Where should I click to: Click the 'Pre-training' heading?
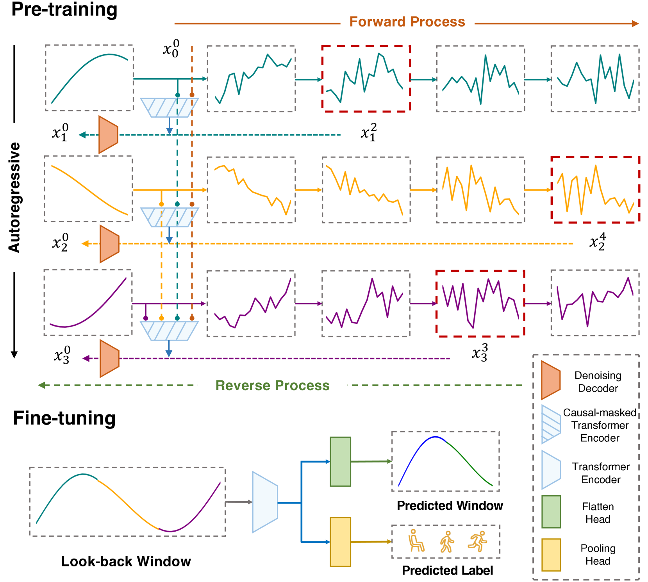coord(64,9)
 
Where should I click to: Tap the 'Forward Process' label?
coord(407,22)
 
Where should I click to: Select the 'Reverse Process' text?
coord(272,386)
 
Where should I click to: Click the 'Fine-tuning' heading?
coord(64,418)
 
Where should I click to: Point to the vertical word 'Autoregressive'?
coord(14,197)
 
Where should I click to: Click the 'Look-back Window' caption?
coord(126,561)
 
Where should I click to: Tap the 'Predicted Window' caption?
coord(450,505)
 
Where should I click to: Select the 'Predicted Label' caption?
coord(447,570)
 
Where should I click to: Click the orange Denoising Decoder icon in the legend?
coord(550,380)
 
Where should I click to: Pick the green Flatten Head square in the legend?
coord(551,512)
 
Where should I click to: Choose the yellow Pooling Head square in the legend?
coord(551,555)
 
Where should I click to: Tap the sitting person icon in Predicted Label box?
coord(416,541)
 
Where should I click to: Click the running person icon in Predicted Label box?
coord(477,541)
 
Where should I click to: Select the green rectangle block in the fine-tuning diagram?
coord(340,461)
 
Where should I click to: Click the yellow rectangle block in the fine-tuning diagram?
coord(340,542)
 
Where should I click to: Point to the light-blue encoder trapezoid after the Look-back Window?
coord(265,502)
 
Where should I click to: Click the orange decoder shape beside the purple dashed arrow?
coord(109,359)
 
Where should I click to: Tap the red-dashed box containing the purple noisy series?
coord(480,303)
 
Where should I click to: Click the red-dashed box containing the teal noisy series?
coord(366,79)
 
